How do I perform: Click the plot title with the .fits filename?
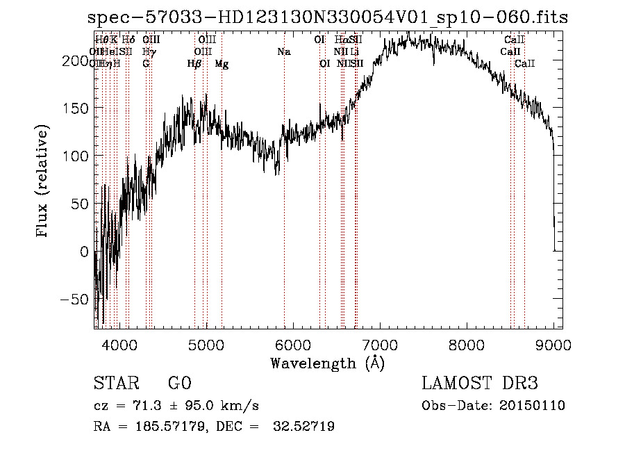point(328,18)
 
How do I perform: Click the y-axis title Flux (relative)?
point(43,182)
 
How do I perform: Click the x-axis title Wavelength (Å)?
point(327,363)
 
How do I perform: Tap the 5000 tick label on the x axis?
point(206,344)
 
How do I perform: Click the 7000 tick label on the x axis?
point(380,344)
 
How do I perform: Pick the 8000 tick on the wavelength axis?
point(467,344)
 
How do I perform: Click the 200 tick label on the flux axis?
point(74,61)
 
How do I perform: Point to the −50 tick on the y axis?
point(74,300)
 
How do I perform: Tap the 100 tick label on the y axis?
point(74,156)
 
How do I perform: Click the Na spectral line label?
point(283,52)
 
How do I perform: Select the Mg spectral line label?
point(222,64)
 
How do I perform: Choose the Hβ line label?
point(194,64)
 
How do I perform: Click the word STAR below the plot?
point(115,384)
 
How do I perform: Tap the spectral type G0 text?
point(179,384)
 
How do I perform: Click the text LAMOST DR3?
point(480,384)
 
